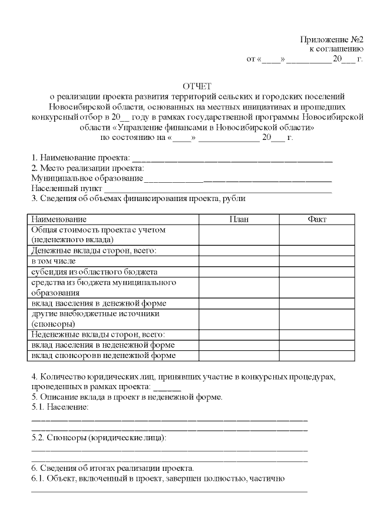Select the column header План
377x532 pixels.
pos(239,219)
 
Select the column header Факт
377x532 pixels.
pos(317,219)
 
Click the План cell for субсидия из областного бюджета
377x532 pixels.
pos(239,272)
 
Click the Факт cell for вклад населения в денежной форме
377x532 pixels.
pos(317,303)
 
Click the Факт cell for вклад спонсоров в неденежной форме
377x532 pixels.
pos(317,356)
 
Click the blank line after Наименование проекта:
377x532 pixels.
pos(232,159)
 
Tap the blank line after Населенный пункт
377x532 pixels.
pos(218,189)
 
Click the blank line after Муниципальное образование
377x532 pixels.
pos(238,179)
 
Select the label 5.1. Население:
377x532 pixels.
pos(59,407)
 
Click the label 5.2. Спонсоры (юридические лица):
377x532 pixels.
pos(98,438)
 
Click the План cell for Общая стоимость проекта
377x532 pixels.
pos(239,235)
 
